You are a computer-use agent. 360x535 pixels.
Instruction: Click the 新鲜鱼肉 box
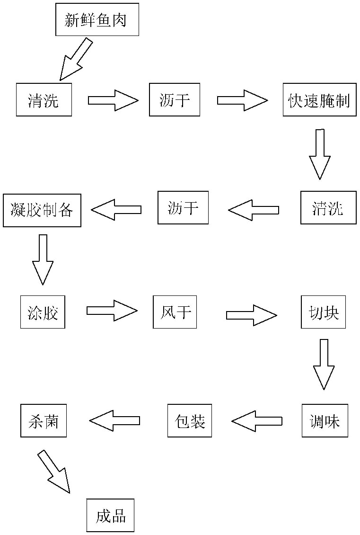point(97,19)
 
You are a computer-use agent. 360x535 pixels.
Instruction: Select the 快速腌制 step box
point(319,100)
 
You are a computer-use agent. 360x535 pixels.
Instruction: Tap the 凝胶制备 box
point(42,210)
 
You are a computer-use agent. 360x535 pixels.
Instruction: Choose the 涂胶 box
point(43,312)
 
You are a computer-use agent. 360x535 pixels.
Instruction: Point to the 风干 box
point(175,312)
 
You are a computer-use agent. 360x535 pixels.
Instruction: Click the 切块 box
point(323,312)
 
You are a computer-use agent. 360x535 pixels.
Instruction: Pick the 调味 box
point(325,420)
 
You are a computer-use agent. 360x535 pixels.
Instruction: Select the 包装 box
point(189,420)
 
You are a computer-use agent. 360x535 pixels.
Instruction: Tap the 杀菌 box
point(44,420)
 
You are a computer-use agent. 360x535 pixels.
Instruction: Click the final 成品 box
point(110,515)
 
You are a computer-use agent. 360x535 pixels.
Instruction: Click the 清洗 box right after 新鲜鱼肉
point(44,100)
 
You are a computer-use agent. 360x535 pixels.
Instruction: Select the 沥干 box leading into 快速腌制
point(175,100)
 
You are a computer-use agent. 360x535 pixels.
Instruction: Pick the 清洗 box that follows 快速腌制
point(327,208)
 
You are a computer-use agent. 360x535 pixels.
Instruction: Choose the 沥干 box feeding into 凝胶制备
point(183,208)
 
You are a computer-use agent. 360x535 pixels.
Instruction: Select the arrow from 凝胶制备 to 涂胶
point(43,259)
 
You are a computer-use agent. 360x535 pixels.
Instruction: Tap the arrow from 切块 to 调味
point(324,364)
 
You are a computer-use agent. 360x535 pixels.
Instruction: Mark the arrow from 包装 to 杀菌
point(115,420)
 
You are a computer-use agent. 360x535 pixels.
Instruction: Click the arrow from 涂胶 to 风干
point(112,311)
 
